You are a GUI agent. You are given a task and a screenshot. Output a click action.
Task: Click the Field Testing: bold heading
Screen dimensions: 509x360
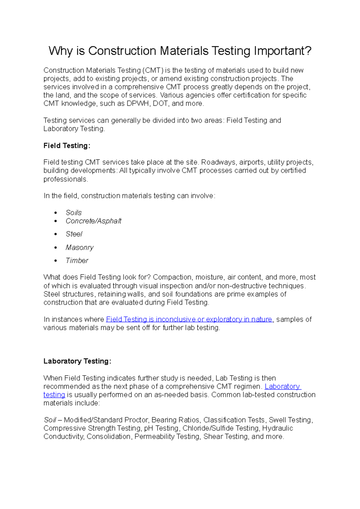click(x=67, y=146)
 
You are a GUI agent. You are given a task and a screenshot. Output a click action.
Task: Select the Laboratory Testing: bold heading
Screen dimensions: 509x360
click(x=77, y=361)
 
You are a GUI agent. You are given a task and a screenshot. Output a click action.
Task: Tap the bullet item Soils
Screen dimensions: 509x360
click(x=73, y=213)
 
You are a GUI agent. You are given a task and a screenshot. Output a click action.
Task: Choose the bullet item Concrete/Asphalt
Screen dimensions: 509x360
click(x=93, y=221)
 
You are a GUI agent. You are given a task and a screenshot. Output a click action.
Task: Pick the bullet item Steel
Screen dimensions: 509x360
click(x=74, y=234)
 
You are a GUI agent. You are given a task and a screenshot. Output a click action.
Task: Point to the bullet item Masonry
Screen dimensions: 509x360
click(x=79, y=248)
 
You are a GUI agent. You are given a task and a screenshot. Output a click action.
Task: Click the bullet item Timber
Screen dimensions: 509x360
click(x=77, y=260)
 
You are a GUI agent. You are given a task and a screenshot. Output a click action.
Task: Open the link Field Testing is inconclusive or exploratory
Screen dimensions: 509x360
click(x=189, y=319)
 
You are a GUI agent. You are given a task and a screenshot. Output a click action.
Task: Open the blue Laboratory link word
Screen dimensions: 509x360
click(x=282, y=386)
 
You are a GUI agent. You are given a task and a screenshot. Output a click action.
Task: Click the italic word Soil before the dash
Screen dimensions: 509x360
click(x=50, y=420)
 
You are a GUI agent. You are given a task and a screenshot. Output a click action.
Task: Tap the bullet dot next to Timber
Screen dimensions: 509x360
click(x=55, y=261)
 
